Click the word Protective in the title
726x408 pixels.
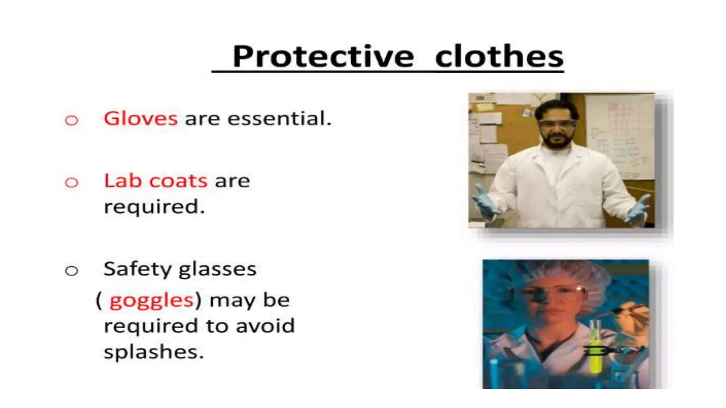tap(323, 57)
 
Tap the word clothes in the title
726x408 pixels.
tap(499, 57)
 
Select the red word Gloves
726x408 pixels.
tap(140, 118)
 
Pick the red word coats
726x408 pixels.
tap(178, 181)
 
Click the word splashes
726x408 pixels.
tap(153, 352)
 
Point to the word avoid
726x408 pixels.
tap(265, 326)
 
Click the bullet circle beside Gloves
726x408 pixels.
tap(72, 120)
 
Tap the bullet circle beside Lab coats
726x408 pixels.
tap(72, 183)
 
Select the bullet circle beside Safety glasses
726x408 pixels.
tap(72, 271)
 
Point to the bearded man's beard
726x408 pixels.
tap(557, 142)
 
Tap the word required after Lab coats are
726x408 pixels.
tap(154, 207)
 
